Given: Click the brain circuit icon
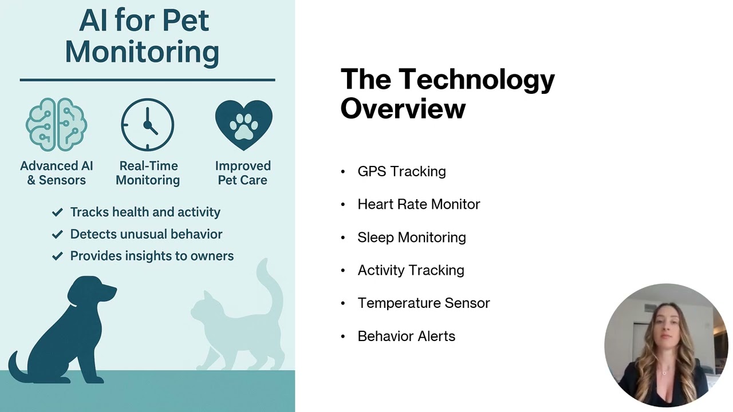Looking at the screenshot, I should click(56, 125).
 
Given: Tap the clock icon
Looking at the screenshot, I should click(148, 125).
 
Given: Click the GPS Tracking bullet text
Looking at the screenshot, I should click(401, 171).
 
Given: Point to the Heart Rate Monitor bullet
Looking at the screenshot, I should click(419, 204).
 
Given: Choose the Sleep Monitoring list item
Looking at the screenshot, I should click(411, 237).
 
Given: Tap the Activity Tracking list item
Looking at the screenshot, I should click(411, 270).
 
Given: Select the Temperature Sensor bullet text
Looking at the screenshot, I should click(423, 303).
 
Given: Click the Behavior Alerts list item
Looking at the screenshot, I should click(406, 336).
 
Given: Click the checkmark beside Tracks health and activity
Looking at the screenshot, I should click(57, 212).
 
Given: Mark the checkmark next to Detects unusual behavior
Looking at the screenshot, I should click(57, 234).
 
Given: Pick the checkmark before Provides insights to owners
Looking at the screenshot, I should click(57, 256).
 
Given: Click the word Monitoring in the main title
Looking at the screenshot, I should click(142, 51).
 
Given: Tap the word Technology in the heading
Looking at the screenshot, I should click(476, 79).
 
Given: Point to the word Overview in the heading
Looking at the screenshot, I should click(403, 109).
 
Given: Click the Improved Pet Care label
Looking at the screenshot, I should click(243, 173).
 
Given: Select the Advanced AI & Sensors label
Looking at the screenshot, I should click(56, 173).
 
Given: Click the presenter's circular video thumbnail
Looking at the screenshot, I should click(665, 345).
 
